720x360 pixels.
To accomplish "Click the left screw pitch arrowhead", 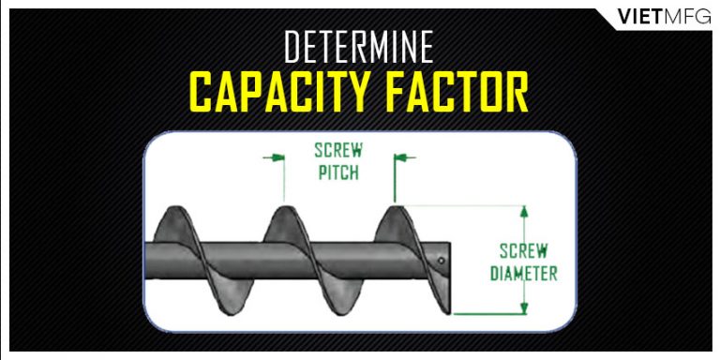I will click(x=277, y=157).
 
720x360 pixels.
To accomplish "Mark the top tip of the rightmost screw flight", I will click(x=398, y=204).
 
